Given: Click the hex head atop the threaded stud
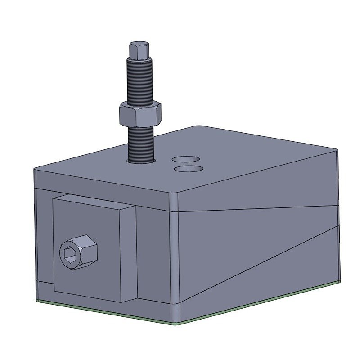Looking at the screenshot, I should point(139,50).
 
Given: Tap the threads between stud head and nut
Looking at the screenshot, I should point(139,81).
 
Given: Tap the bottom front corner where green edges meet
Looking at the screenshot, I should point(175,323).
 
